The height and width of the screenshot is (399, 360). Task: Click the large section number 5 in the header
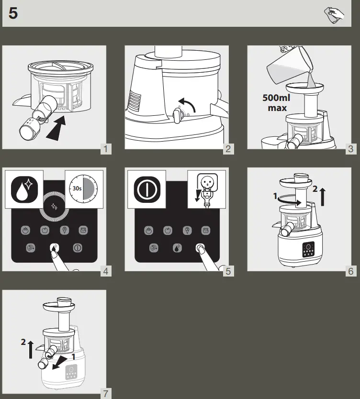point(13,13)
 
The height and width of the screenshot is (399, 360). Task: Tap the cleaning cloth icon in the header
point(334,15)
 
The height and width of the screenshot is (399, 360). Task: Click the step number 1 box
point(106,149)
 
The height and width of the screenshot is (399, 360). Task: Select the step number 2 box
point(228,149)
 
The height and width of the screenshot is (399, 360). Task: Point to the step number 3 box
point(351,149)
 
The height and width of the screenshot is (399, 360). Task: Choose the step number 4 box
point(106,271)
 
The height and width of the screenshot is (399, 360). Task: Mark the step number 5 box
point(228,271)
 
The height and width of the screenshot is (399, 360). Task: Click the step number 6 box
point(351,271)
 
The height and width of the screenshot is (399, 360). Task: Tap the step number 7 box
point(106,394)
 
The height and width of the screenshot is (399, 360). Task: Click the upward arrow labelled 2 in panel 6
point(322,197)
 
